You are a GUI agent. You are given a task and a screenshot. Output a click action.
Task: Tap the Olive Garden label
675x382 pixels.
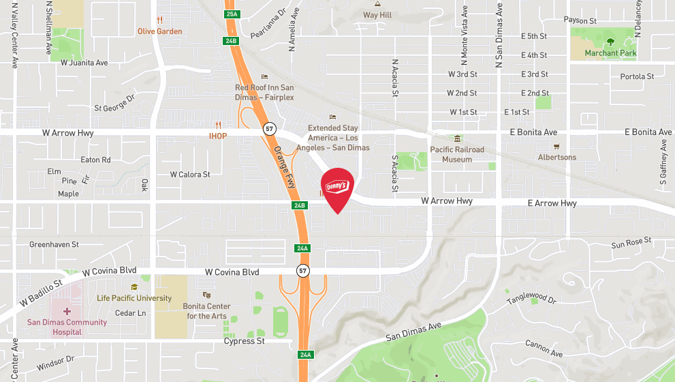coord(159,31)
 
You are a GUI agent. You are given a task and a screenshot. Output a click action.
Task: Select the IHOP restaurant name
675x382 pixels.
coord(217,135)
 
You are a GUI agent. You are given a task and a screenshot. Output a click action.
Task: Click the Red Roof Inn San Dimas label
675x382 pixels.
coord(264,92)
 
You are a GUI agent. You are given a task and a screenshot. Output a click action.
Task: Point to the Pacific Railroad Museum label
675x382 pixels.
coord(456,154)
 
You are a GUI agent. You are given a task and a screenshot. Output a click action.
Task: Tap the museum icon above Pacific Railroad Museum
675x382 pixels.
coord(457,139)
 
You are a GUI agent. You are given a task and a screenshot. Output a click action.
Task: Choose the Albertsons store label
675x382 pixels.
coord(556,157)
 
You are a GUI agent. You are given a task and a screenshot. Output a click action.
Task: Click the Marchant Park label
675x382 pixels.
coord(610,53)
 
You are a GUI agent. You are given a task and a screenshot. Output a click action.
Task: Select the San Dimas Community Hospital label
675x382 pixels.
coord(67,327)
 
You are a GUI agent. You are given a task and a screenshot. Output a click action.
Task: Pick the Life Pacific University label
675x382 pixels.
coord(134,298)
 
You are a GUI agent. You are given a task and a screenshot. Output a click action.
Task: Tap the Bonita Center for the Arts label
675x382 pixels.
coord(207,311)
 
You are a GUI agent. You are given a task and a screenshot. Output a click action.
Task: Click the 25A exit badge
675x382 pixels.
coord(232,14)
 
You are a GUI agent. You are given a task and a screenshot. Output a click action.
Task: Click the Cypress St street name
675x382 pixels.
coord(244,341)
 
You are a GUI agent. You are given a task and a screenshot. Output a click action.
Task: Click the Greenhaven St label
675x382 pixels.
coord(54,244)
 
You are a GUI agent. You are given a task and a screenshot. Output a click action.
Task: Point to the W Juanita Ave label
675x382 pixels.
coord(84,63)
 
